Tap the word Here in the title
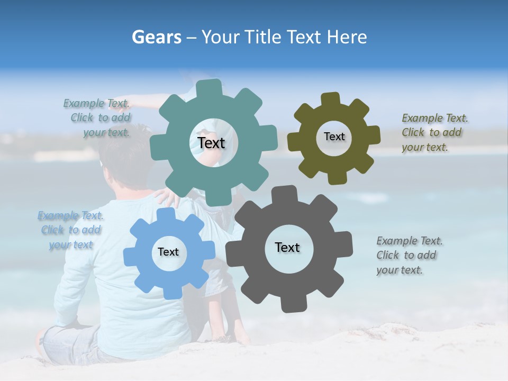pos(347,37)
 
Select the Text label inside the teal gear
pos(211,143)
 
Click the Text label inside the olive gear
pos(334,137)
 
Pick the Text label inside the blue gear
pos(168,252)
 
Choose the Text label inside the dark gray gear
pos(287,247)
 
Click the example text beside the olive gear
pos(434,132)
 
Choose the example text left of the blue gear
pos(70,230)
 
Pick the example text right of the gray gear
pos(409,255)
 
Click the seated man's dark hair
pos(122,153)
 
